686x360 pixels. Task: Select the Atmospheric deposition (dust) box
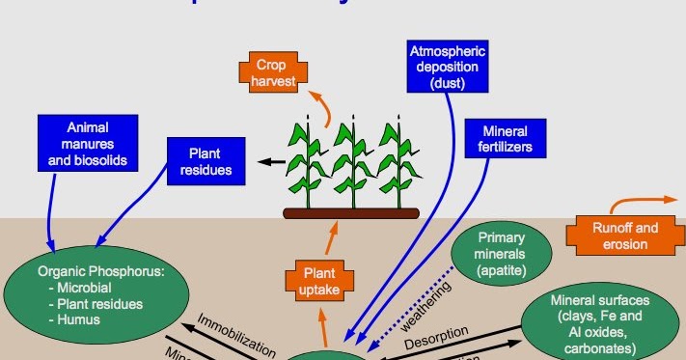(x=449, y=68)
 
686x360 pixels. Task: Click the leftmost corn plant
(x=309, y=163)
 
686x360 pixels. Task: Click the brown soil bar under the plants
(x=350, y=212)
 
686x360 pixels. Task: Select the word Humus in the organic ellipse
(x=79, y=319)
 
